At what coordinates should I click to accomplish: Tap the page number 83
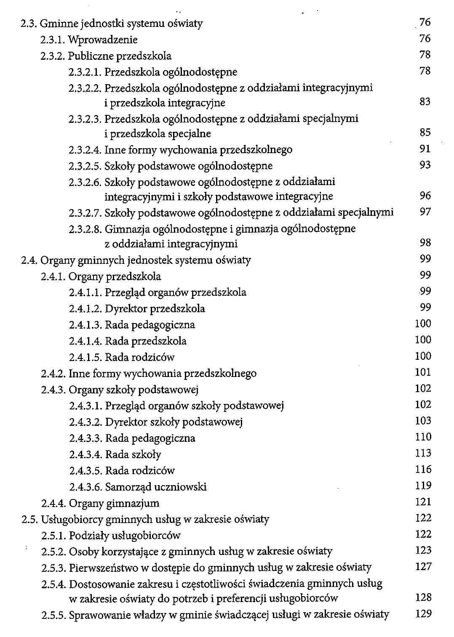pos(425,102)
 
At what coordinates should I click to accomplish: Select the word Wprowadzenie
pos(103,40)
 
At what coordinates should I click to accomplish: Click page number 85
pos(425,133)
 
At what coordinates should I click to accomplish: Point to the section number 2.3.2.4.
pos(85,150)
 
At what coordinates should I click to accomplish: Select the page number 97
pos(425,212)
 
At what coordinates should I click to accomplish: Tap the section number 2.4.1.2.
pos(85,309)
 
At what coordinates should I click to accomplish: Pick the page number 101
pos(423,372)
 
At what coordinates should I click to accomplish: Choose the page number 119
pos(423,486)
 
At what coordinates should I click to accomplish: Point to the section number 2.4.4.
pos(53,503)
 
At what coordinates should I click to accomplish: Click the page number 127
pos(423,567)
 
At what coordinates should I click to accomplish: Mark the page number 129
pos(423,614)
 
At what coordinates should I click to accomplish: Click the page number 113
pos(423,453)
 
